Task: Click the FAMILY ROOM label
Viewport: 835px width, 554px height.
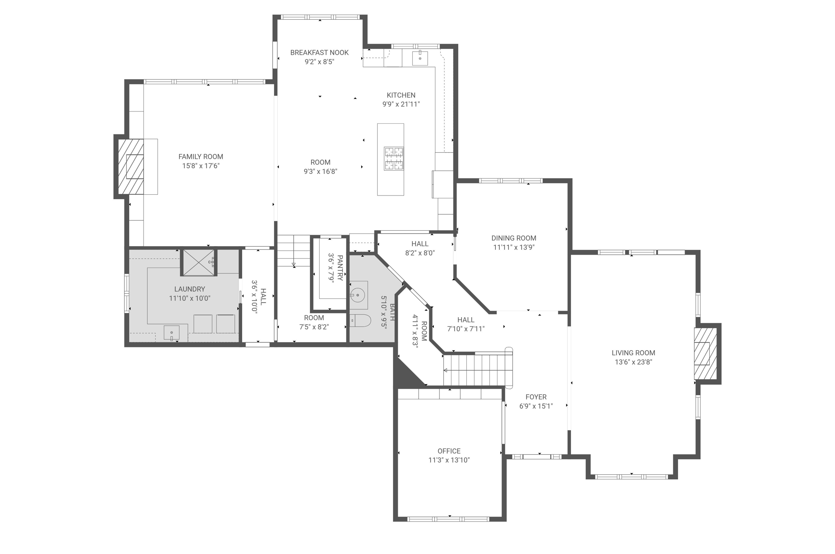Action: (201, 156)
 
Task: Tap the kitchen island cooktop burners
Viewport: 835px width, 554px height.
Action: (394, 158)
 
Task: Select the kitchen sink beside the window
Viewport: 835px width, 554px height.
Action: (420, 58)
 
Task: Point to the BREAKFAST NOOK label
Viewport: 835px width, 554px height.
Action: (319, 52)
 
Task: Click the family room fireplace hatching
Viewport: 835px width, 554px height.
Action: (130, 167)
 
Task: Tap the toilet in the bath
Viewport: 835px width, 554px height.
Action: (360, 321)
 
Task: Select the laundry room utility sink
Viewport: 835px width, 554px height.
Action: (172, 332)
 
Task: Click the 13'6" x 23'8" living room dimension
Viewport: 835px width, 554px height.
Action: (633, 362)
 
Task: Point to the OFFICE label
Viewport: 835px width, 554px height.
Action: (449, 451)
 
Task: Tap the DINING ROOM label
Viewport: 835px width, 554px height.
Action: (513, 238)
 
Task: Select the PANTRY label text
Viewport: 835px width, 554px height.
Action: (340, 267)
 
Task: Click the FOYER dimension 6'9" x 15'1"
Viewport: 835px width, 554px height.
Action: (536, 406)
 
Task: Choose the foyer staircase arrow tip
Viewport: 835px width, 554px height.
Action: (445, 370)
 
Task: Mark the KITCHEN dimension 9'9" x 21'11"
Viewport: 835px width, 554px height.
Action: (401, 104)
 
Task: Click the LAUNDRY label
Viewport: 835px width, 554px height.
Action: (190, 289)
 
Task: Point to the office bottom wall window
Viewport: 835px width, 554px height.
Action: (448, 519)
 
